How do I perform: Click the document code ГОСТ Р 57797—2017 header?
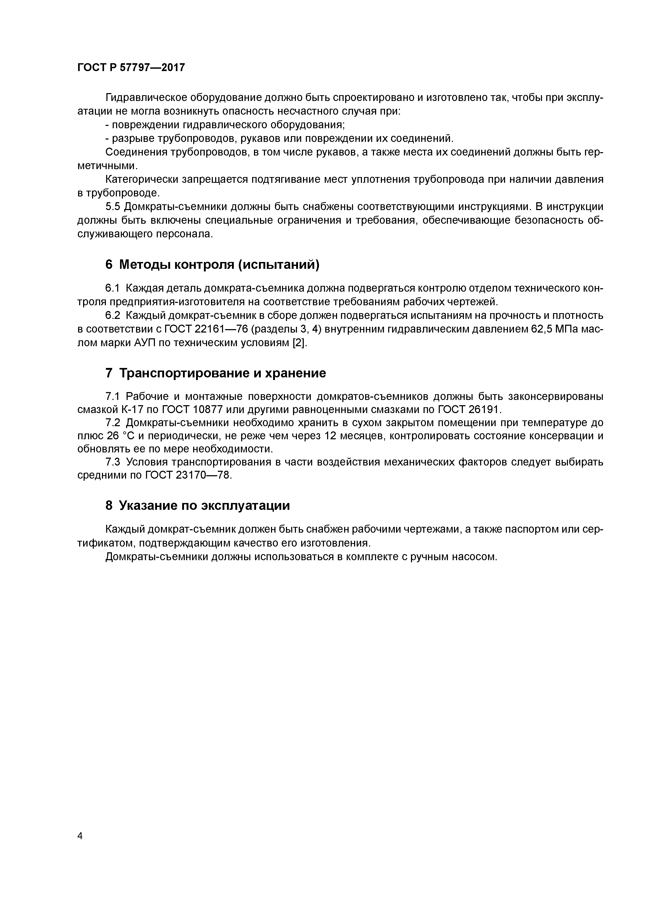tap(131, 67)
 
